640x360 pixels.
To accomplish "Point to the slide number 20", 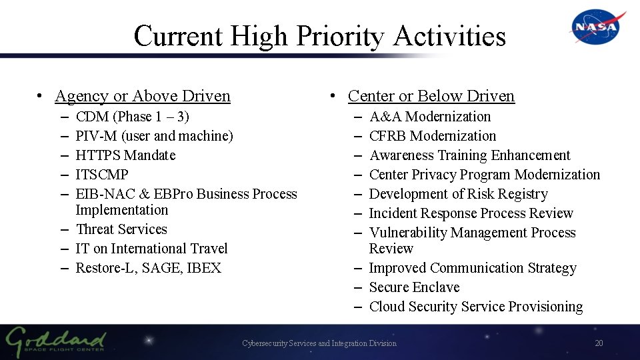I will [x=598, y=343].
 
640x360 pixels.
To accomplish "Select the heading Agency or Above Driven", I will [x=143, y=96].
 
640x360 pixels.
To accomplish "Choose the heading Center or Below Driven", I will [x=431, y=96].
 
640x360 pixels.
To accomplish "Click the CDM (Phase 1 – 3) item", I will [x=133, y=117].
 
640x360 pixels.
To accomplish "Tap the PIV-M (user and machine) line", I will [x=154, y=136].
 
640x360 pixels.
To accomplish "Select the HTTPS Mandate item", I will [x=125, y=155].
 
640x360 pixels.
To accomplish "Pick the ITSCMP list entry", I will [x=102, y=175].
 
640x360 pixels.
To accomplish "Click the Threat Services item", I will [x=121, y=229].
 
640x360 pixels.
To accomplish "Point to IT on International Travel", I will [x=151, y=249].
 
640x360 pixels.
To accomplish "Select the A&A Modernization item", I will [x=429, y=117].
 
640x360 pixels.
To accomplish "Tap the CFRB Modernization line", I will [x=432, y=136].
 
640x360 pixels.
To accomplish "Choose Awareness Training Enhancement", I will [x=469, y=155].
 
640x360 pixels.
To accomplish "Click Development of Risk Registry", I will [x=458, y=194].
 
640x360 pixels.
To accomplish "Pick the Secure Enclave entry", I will [x=414, y=287].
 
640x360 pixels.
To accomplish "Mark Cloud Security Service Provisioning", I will [x=475, y=307].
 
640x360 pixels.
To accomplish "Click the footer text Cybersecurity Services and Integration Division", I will [x=319, y=343].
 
